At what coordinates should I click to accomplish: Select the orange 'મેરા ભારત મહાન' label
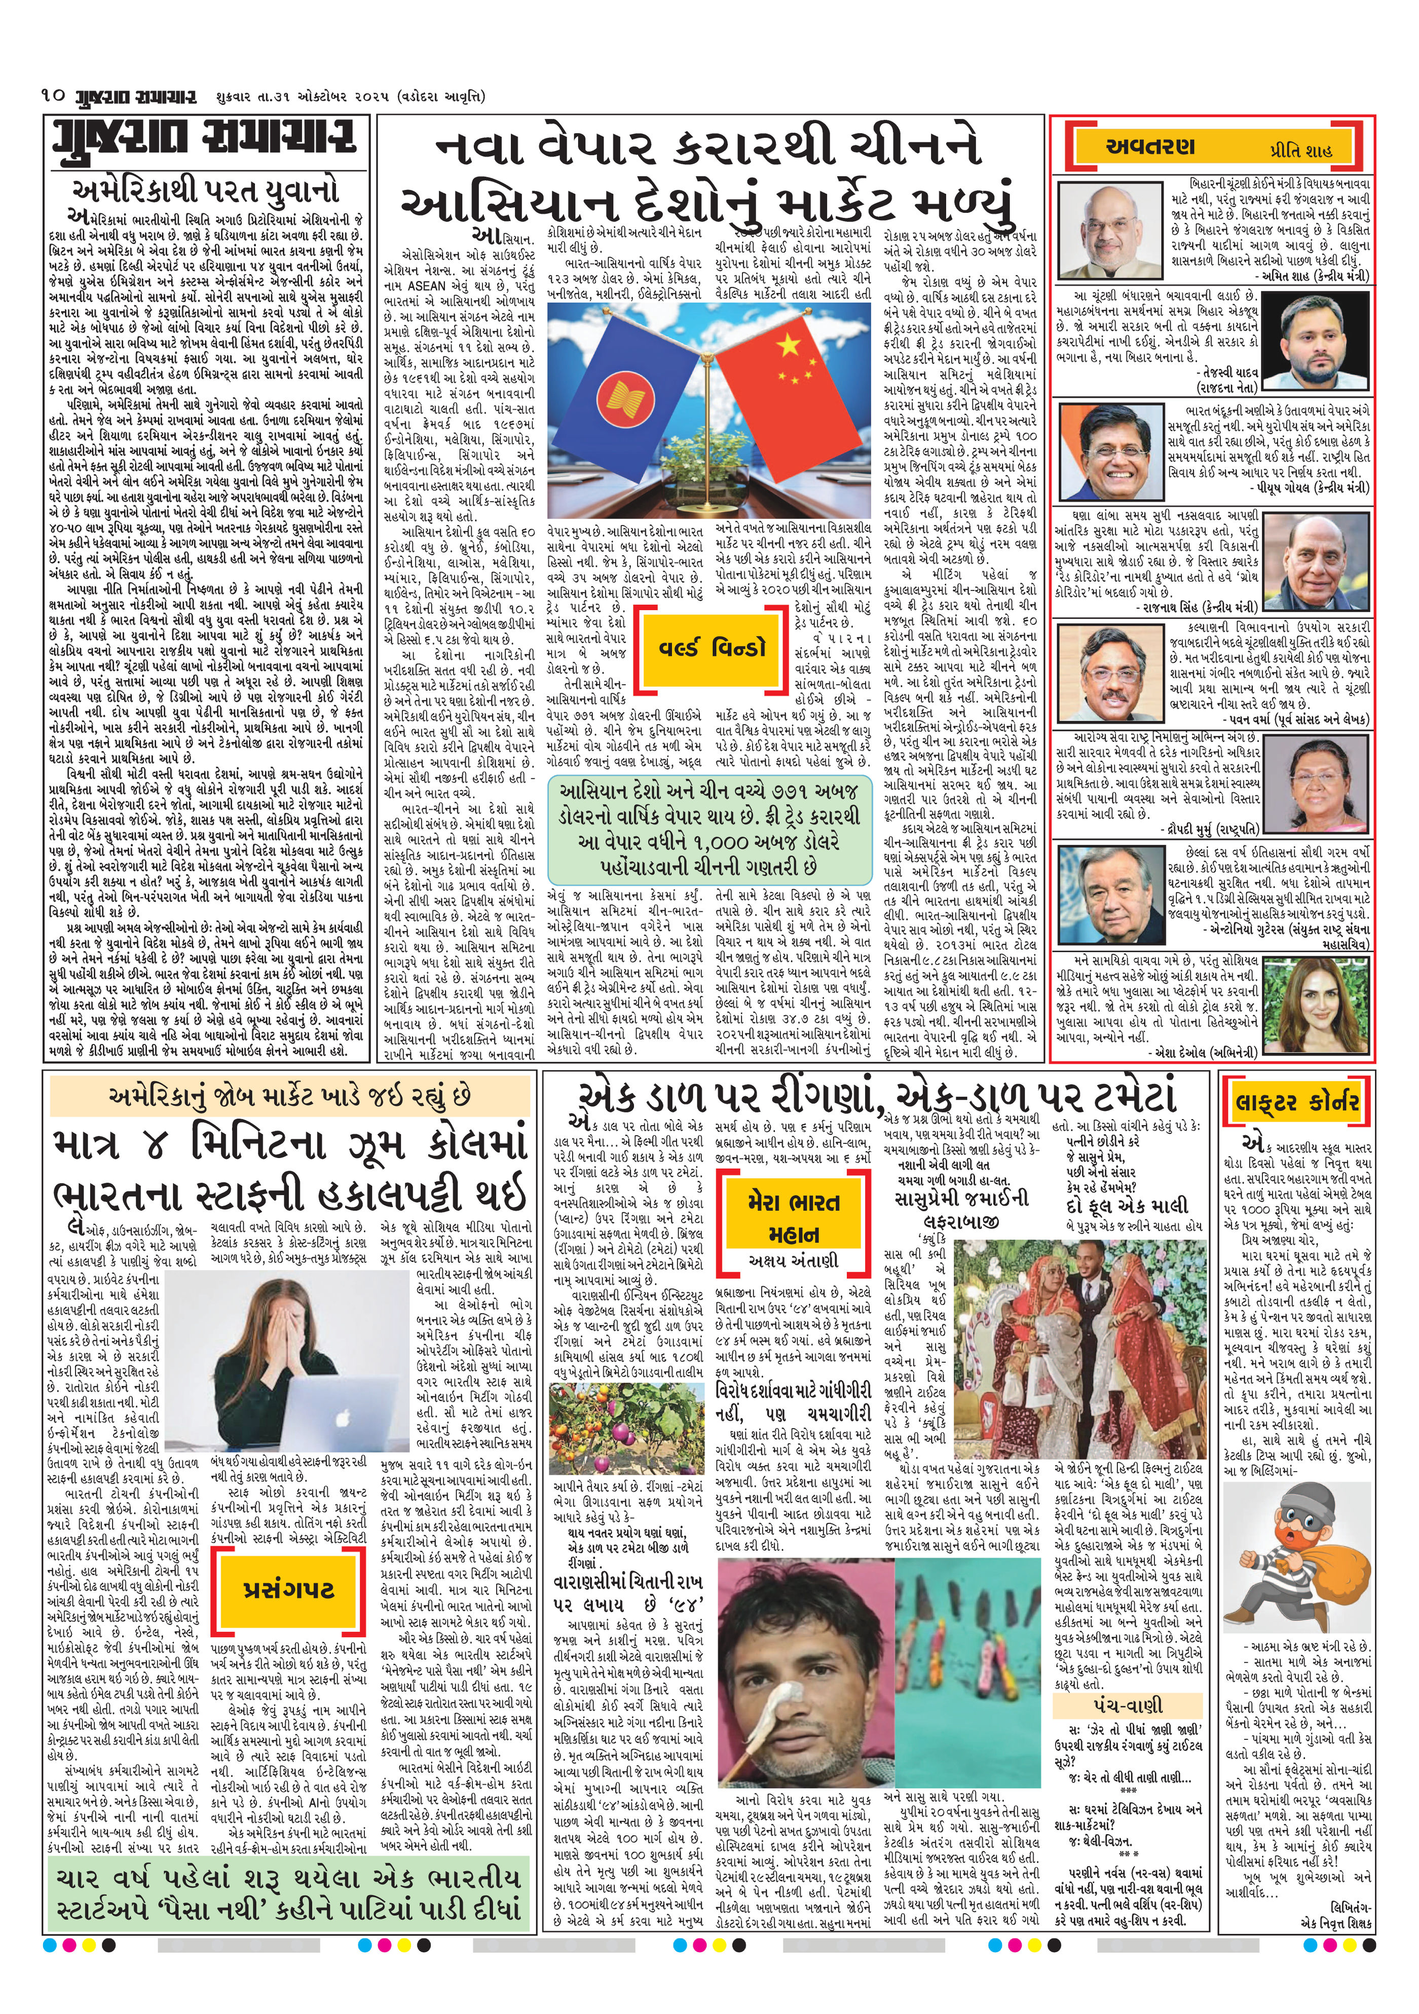[793, 1217]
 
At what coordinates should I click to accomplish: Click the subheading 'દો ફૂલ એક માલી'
[1140, 1204]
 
